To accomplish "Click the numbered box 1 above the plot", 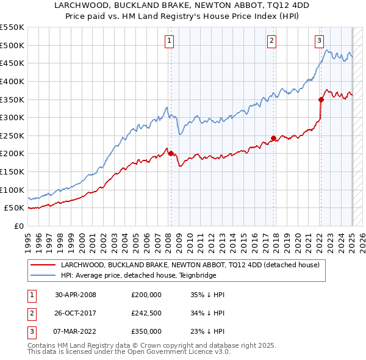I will click(168, 41).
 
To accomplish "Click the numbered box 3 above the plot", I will click(319, 41).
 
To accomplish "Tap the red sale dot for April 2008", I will click(171, 154).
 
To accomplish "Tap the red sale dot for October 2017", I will click(273, 138).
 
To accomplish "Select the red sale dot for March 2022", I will click(321, 99).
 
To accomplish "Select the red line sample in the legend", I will click(43, 265).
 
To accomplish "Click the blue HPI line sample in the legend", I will click(43, 275).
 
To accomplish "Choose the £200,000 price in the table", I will click(146, 295).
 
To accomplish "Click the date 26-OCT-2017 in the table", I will click(76, 313).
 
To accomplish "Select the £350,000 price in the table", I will click(146, 331).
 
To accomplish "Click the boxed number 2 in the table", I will click(31, 313).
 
